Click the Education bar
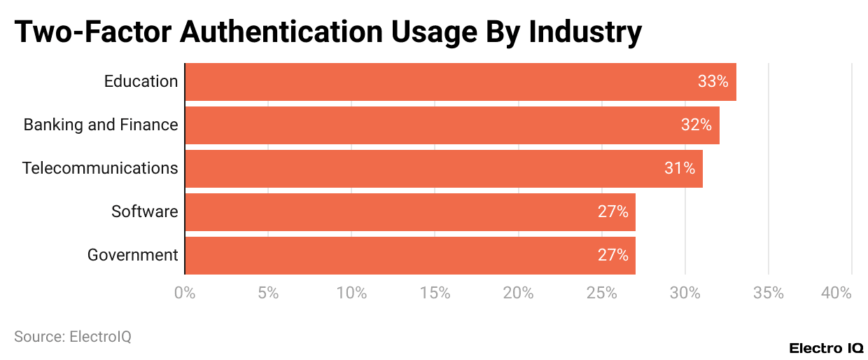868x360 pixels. point(460,81)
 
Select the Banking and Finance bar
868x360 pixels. point(451,125)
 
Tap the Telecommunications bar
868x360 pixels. point(443,168)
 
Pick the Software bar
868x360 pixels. point(409,212)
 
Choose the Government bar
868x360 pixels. point(409,255)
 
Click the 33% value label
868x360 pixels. point(713,81)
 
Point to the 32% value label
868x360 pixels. point(696,125)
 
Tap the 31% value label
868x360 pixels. point(679,168)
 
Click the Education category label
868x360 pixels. point(141,81)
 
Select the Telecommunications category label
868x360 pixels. point(100,168)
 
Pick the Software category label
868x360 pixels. point(144,212)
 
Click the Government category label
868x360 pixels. point(132,255)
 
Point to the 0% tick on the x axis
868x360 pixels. point(185,293)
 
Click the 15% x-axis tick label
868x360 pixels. point(435,293)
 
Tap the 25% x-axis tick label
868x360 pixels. point(602,293)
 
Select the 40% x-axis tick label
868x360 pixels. point(837,293)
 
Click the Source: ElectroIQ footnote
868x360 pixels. point(73,337)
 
